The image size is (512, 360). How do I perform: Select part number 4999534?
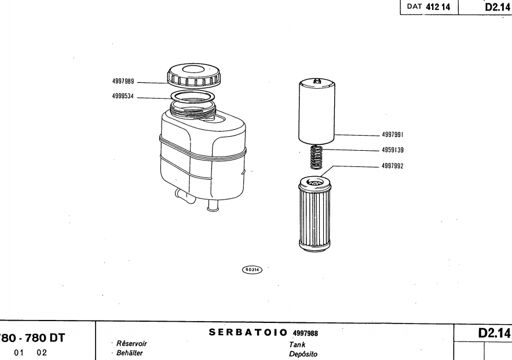pos(124,97)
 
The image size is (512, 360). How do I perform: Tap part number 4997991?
pos(393,135)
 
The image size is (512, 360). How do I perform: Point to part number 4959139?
pos(393,150)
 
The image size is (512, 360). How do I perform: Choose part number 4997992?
pos(393,165)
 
